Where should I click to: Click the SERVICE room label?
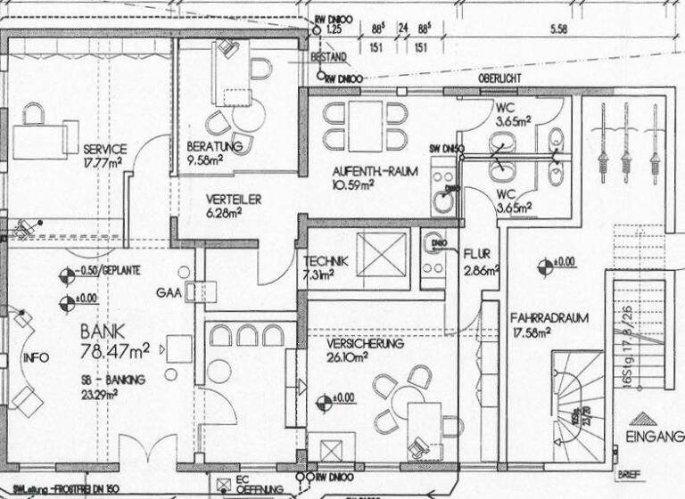pyautogui.click(x=104, y=149)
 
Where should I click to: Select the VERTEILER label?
pyautogui.click(x=234, y=200)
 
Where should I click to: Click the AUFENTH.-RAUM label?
pyautogui.click(x=375, y=171)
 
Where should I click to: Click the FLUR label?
pyautogui.click(x=477, y=254)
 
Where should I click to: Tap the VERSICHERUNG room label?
pyautogui.click(x=365, y=343)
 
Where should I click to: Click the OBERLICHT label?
pyautogui.click(x=499, y=78)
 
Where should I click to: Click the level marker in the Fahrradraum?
pyautogui.click(x=541, y=263)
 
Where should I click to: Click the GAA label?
pyautogui.click(x=167, y=292)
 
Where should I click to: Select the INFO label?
pyautogui.click(x=34, y=358)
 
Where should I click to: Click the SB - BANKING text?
pyautogui.click(x=113, y=379)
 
